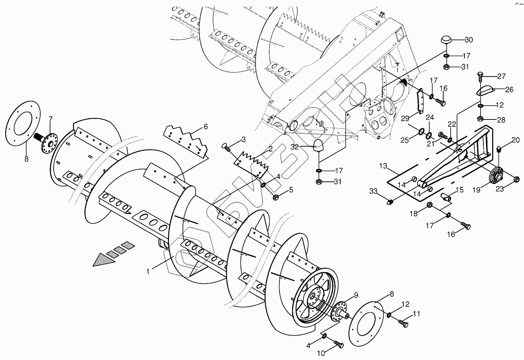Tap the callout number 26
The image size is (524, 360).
(x=509, y=90)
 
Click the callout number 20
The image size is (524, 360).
(x=516, y=140)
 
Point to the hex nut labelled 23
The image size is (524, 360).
(x=517, y=180)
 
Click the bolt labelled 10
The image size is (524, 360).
(x=339, y=345)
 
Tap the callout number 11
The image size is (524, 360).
(x=416, y=314)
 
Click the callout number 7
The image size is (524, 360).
(x=50, y=119)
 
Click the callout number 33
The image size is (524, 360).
(x=373, y=192)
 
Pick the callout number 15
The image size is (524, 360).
(x=460, y=190)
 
